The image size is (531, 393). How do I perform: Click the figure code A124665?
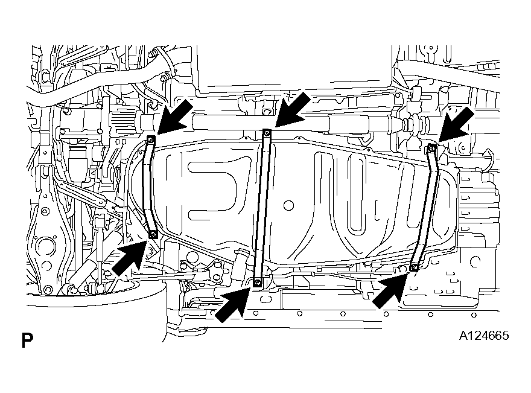[x=483, y=336]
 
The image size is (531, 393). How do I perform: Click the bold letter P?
[x=27, y=340]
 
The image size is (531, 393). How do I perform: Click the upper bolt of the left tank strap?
[x=151, y=139]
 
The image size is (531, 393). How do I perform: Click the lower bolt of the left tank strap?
[x=153, y=234]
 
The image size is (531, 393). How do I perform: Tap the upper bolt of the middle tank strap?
[x=267, y=132]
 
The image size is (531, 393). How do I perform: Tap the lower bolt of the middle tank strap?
[x=257, y=282]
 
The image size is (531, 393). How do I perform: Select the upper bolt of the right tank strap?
[x=431, y=147]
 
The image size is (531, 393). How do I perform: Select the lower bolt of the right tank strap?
[x=414, y=267]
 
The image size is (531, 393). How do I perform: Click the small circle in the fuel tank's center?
[x=288, y=205]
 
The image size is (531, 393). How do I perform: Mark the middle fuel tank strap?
[x=262, y=207]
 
